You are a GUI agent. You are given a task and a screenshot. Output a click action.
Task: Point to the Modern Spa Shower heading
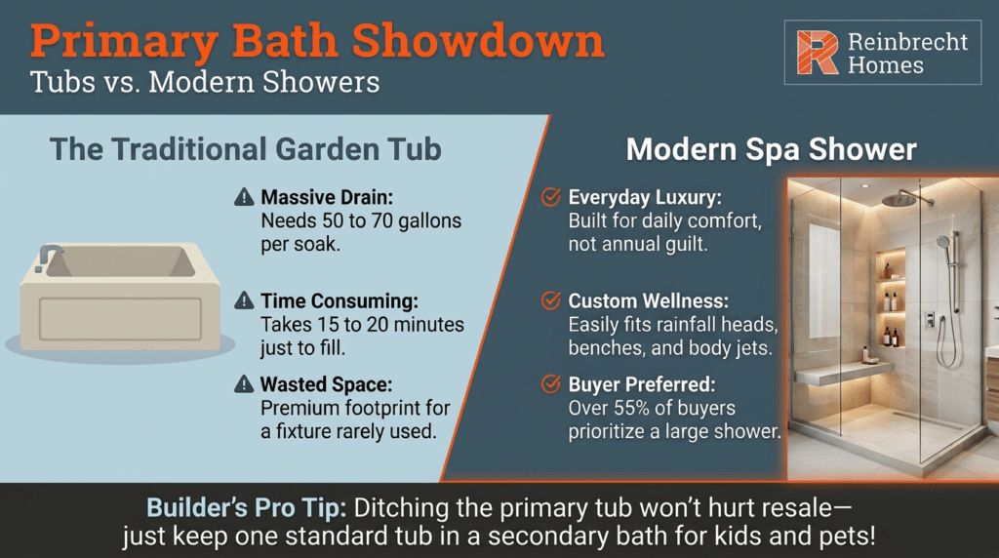[x=771, y=150]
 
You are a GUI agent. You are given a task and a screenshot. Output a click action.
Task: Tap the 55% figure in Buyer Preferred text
[x=629, y=408]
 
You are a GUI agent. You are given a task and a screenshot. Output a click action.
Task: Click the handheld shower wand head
[x=941, y=241]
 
